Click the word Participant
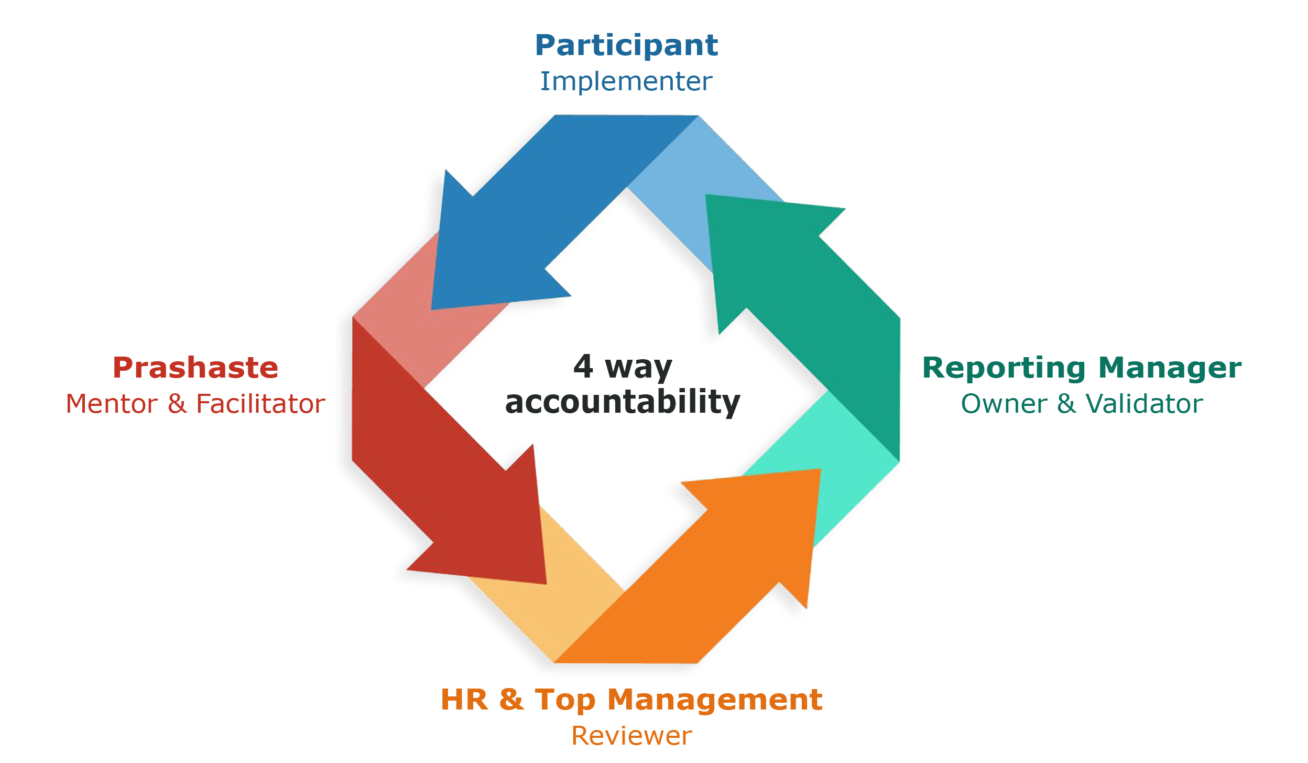tap(626, 46)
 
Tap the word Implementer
tap(626, 82)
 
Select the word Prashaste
tap(195, 368)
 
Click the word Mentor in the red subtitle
tap(112, 404)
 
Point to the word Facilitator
tap(260, 404)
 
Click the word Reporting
tap(1004, 369)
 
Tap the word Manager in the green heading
tap(1170, 369)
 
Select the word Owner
tap(1004, 404)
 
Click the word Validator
tap(1143, 404)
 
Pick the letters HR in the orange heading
tap(464, 700)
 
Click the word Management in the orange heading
tap(715, 700)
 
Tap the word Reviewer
tap(631, 735)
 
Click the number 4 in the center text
tap(583, 367)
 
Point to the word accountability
tap(623, 403)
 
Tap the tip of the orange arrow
tap(819, 471)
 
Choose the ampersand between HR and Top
tap(511, 700)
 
